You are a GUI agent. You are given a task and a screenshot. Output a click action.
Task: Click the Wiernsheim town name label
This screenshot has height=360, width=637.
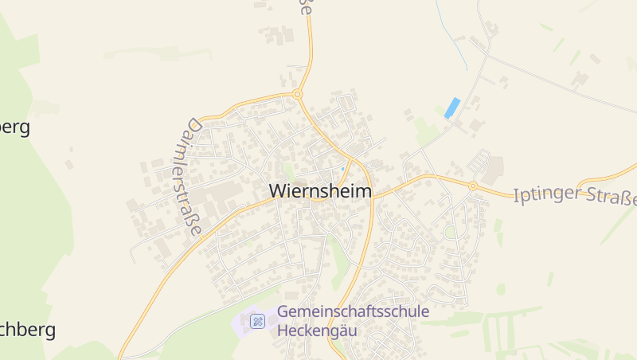click(321, 191)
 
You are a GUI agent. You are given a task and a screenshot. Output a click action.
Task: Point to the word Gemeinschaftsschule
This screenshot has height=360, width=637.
click(354, 311)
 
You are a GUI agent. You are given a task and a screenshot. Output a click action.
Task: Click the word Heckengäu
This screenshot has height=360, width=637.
click(318, 330)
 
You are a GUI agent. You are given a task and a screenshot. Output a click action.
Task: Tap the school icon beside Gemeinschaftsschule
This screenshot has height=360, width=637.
click(257, 321)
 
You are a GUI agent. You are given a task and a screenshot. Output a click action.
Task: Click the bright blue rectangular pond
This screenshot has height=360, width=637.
click(452, 108)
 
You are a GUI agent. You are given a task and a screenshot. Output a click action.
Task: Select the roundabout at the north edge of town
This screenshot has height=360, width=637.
click(298, 95)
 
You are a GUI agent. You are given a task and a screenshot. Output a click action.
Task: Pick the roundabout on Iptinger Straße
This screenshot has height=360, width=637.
click(472, 186)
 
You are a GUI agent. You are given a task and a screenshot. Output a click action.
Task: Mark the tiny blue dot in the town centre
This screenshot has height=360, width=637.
click(342, 168)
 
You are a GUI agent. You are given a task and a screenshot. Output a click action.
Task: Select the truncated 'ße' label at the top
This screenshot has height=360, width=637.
click(305, 7)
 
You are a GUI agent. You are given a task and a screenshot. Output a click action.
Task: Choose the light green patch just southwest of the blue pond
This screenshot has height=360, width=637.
click(426, 130)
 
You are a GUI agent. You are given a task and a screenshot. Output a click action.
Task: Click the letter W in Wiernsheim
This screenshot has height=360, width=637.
click(278, 191)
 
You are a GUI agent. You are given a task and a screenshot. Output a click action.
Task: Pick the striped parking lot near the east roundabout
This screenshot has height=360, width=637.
click(479, 161)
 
